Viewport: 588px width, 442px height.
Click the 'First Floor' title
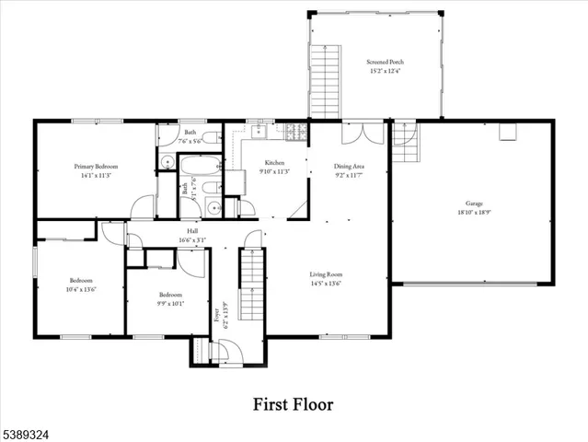tap(294, 404)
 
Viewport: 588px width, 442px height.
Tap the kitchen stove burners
tap(295, 133)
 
